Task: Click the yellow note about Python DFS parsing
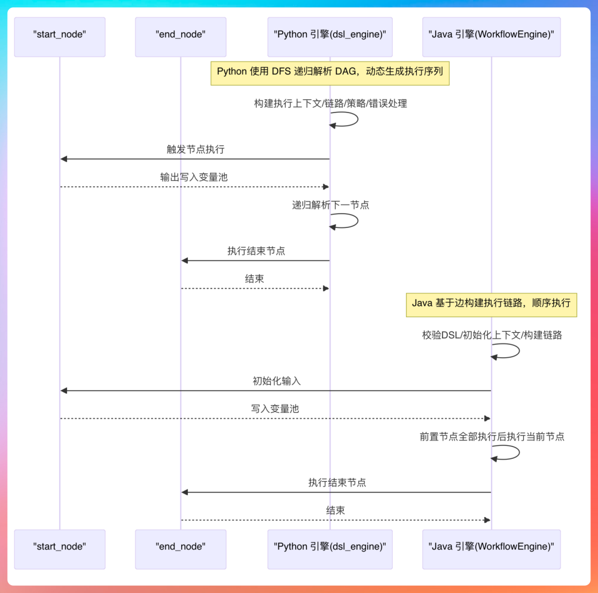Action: coord(330,72)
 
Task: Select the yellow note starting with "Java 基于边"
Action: coord(491,303)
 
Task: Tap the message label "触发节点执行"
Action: coord(196,149)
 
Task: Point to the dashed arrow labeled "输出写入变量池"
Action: coord(194,187)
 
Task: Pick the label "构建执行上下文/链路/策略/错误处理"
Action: coord(330,104)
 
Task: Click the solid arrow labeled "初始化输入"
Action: coord(276,391)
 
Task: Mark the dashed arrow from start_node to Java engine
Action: coord(275,418)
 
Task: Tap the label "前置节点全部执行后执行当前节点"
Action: coord(492,437)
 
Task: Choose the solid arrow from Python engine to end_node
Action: coord(255,260)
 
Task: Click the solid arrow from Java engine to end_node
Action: coord(336,492)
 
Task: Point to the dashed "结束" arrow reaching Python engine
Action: coord(255,288)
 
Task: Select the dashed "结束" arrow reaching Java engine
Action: coord(335,520)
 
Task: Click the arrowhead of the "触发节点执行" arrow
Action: coord(64,159)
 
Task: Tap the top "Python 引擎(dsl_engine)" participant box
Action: coord(330,37)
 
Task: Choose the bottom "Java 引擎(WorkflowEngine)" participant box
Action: coord(491,549)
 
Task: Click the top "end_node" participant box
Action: coord(181,37)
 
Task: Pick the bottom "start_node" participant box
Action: coord(60,549)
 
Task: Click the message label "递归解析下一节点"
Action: coord(330,205)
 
